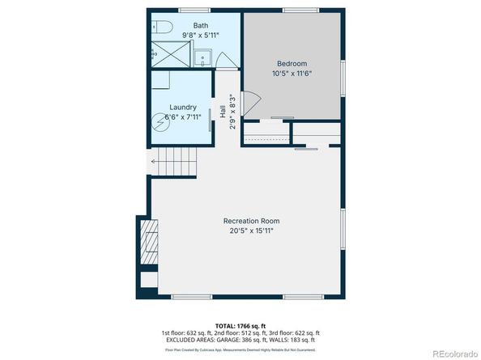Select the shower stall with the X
point(172,55)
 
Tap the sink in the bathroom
point(204,56)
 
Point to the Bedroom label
point(292,63)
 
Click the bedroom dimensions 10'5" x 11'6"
point(292,74)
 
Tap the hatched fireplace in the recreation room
point(149,242)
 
